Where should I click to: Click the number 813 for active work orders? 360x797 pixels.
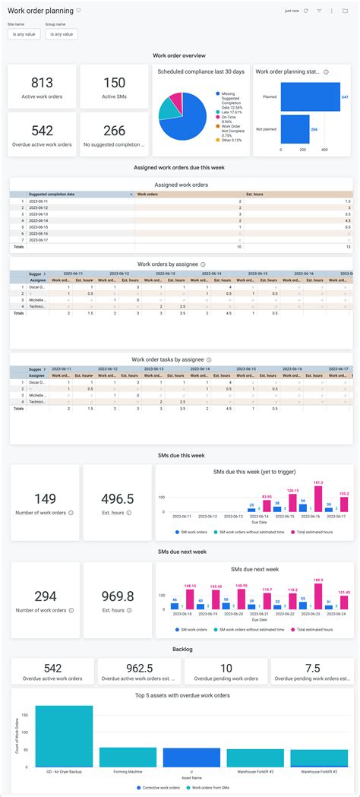click(x=42, y=83)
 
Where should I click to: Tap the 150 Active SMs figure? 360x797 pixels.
click(x=114, y=83)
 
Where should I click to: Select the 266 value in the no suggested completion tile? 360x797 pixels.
click(x=114, y=131)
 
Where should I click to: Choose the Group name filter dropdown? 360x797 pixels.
click(x=61, y=34)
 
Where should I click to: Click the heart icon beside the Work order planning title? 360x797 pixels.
click(x=79, y=11)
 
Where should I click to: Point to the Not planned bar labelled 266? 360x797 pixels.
click(x=295, y=129)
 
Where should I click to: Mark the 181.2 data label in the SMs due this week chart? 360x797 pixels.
click(x=317, y=482)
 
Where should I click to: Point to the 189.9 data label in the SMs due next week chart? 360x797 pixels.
click(x=317, y=579)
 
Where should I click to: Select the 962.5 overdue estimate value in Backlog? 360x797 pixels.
click(x=138, y=668)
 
